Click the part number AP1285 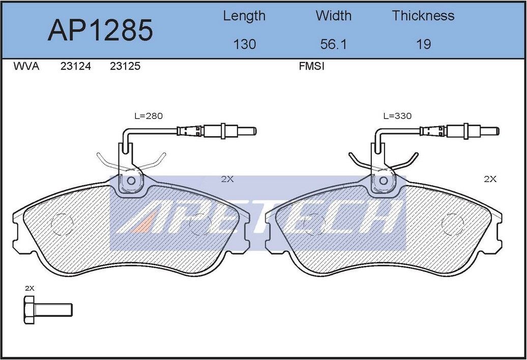[x=100, y=30]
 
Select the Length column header [x=244, y=16]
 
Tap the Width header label [x=333, y=16]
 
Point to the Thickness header [x=423, y=16]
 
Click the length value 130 [x=244, y=44]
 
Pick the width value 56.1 [x=333, y=44]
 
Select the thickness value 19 [x=423, y=44]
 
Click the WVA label [x=26, y=67]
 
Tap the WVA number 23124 [x=76, y=67]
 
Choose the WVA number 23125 [x=125, y=67]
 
